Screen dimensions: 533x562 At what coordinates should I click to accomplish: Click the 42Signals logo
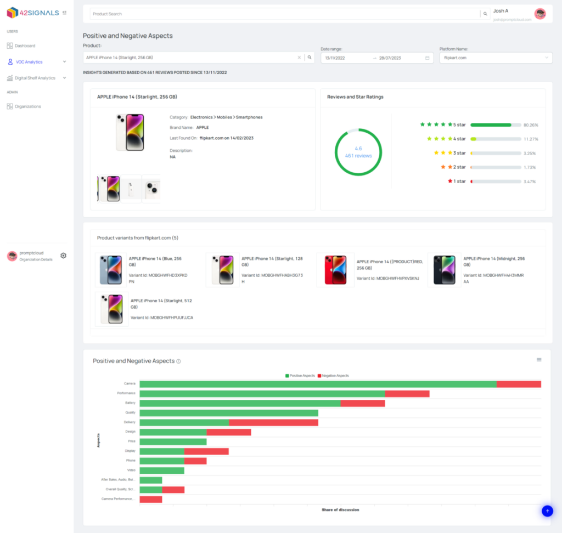[x=33, y=13]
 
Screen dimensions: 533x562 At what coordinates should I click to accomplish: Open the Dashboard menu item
[x=25, y=46]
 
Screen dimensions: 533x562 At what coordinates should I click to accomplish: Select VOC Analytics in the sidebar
[x=29, y=62]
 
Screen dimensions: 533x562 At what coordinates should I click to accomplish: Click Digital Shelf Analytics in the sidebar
[x=35, y=78]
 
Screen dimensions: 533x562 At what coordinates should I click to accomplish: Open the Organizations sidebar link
[x=27, y=106]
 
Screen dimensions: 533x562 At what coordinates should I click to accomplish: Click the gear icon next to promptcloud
[x=63, y=256]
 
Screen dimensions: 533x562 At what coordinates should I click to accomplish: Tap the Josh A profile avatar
[x=540, y=14]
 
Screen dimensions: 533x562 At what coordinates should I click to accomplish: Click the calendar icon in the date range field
[x=427, y=58]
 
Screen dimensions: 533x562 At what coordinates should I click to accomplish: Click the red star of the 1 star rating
[x=450, y=181]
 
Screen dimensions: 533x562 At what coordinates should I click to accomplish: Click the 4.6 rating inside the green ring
[x=358, y=149]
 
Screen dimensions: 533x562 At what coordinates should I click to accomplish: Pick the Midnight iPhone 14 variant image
[x=444, y=269]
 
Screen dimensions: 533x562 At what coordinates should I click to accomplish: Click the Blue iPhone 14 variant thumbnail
[x=111, y=269]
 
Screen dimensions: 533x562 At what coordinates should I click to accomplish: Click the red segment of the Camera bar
[x=519, y=384]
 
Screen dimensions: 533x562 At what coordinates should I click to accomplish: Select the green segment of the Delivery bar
[x=184, y=422]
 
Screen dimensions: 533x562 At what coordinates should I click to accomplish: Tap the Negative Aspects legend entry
[x=333, y=376]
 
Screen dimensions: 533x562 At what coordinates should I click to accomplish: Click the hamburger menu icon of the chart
[x=539, y=360]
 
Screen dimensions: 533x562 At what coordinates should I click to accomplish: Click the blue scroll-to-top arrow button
[x=547, y=511]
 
